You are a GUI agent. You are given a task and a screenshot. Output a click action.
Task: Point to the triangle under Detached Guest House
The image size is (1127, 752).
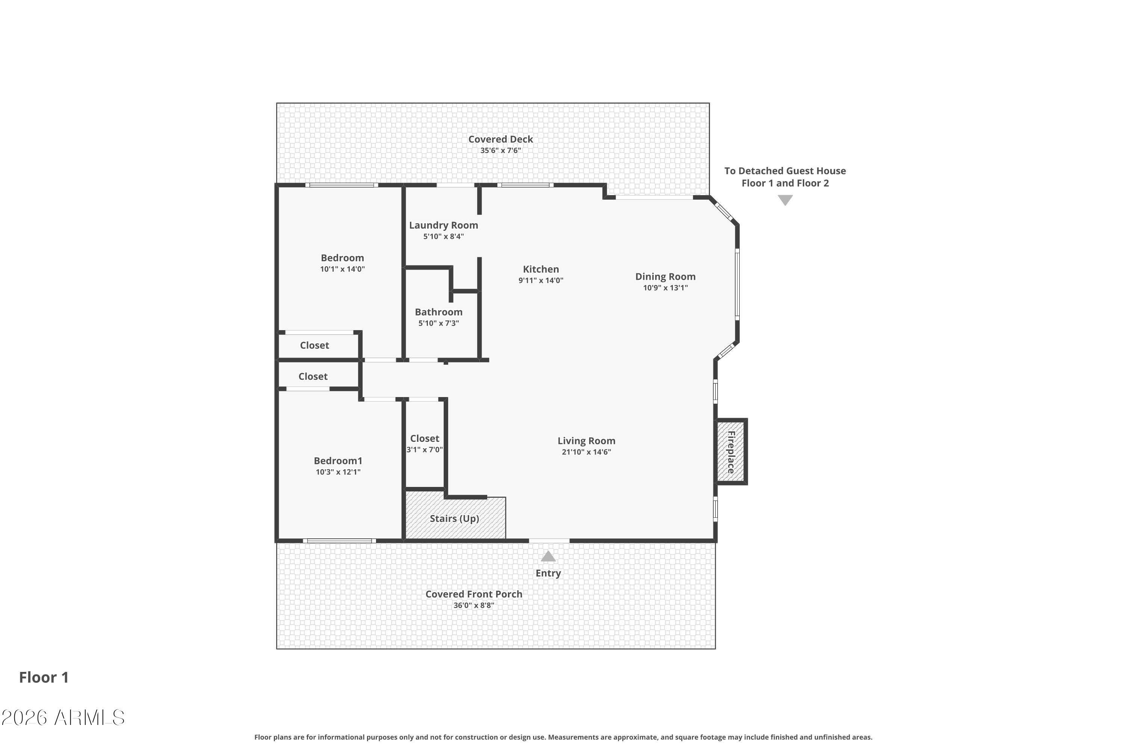point(785,200)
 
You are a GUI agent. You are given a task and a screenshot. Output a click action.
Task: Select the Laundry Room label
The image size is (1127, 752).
point(443,225)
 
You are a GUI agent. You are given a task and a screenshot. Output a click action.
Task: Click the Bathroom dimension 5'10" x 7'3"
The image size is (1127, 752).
point(438,323)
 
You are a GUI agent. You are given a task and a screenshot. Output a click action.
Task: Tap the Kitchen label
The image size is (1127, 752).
point(541,269)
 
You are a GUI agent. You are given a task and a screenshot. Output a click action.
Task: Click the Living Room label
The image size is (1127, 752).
point(586,441)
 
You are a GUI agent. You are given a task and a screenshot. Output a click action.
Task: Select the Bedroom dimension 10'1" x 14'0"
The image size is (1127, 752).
point(342,269)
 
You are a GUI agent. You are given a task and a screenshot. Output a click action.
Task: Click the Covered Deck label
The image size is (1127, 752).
point(501,139)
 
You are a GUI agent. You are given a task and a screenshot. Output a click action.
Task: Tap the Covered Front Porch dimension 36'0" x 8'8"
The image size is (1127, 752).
point(473,605)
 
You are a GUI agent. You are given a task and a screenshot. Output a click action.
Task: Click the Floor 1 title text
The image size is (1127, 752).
point(44,677)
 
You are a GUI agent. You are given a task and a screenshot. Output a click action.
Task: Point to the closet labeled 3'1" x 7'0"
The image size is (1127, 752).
point(425,444)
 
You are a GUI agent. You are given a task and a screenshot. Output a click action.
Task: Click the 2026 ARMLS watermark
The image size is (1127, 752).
point(63,717)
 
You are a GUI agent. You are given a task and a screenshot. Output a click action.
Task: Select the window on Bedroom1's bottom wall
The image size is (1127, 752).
point(339,541)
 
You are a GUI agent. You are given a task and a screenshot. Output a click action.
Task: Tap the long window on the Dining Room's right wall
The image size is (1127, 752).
point(737,284)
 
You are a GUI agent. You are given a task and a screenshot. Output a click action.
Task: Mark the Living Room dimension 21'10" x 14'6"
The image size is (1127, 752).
point(586,452)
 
